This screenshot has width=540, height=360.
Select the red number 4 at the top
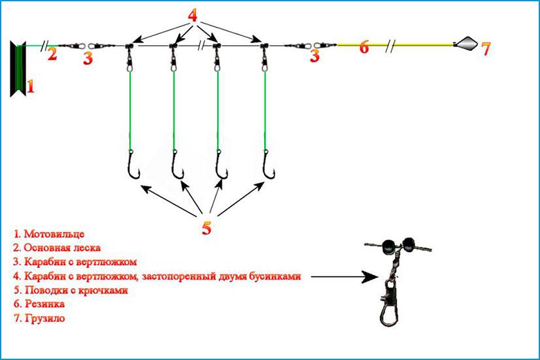click(x=192, y=15)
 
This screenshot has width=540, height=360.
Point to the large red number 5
click(x=207, y=228)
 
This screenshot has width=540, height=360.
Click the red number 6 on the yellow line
click(x=364, y=47)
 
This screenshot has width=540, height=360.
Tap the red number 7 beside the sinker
click(x=485, y=48)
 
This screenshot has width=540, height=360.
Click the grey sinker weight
click(x=465, y=44)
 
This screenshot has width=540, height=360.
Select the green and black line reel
click(x=18, y=67)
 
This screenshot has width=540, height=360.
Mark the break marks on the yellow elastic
click(x=390, y=46)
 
